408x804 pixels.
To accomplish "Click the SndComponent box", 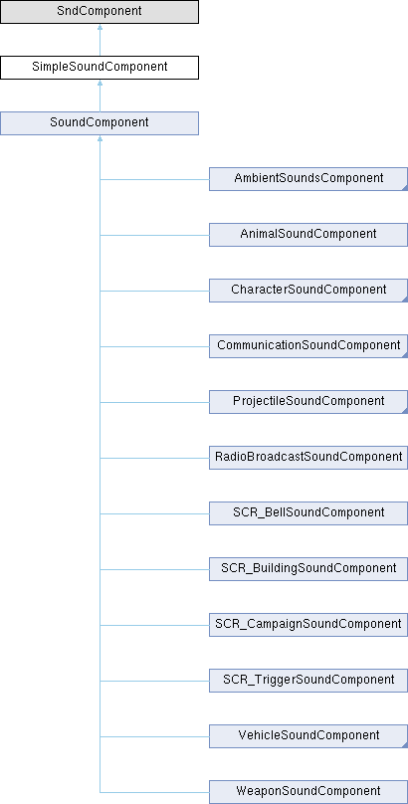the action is [x=100, y=12].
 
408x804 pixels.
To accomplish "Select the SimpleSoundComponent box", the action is [x=100, y=68].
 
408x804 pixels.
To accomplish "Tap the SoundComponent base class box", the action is [x=100, y=123].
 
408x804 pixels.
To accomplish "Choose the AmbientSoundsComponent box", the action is [x=308, y=179].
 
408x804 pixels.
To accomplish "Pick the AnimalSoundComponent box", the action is [x=308, y=235].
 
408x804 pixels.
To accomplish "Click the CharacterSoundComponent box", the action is [x=308, y=291].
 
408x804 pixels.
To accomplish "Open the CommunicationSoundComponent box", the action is [x=308, y=346].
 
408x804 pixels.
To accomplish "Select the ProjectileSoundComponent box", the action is [x=308, y=402].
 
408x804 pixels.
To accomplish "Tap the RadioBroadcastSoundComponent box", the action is [x=308, y=458].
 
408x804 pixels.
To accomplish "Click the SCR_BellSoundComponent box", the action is [x=308, y=513].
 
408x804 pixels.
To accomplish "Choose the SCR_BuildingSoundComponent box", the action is [x=308, y=569].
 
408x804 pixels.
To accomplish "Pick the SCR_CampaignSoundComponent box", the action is [x=308, y=625].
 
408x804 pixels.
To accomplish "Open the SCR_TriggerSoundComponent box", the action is [x=308, y=681].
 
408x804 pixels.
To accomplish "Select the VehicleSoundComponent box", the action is [x=308, y=736].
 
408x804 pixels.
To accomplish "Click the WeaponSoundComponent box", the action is [x=308, y=792].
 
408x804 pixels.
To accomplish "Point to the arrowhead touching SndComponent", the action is [x=100, y=27].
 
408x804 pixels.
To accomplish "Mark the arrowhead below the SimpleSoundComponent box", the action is [x=100, y=83].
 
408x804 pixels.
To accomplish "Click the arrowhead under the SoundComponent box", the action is [x=100, y=139].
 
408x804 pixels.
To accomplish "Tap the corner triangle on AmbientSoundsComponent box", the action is [x=405, y=188].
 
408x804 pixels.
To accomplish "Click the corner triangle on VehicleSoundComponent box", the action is [x=405, y=745].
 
